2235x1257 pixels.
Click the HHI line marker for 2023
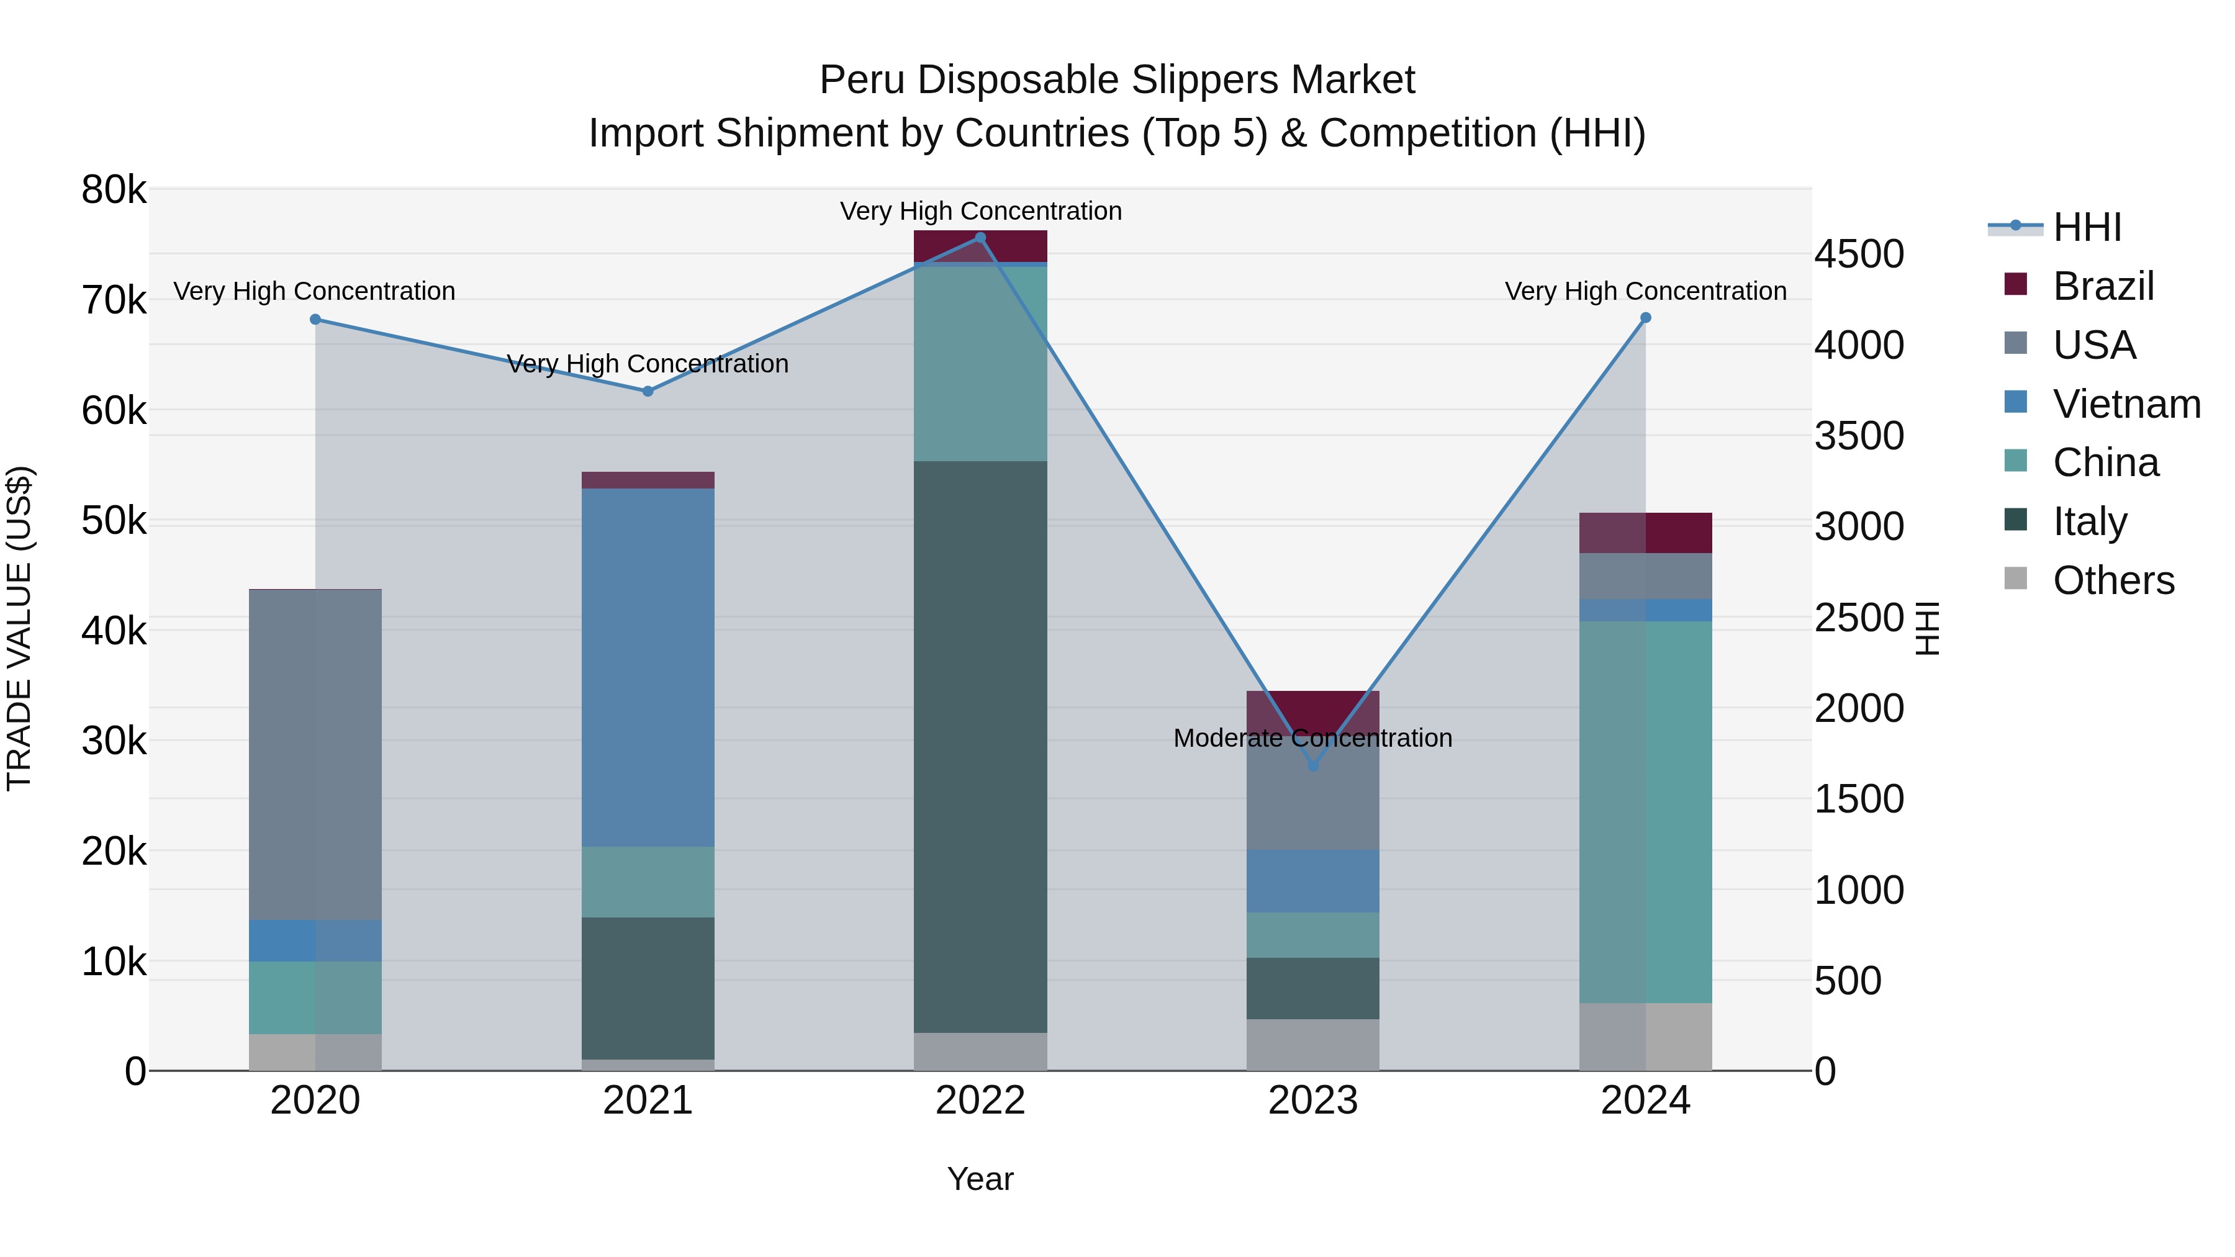point(1312,766)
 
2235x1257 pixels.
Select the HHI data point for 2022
point(980,238)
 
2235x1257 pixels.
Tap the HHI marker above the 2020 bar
point(315,319)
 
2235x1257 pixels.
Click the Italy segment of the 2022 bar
point(980,746)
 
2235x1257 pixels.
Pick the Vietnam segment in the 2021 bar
point(648,667)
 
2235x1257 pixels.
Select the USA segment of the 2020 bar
point(315,755)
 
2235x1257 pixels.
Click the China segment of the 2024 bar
point(1645,811)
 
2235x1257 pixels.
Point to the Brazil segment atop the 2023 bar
point(1312,707)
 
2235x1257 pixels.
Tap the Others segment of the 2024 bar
point(1645,1037)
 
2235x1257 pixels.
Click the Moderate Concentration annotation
point(1312,738)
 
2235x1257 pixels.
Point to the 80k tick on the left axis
point(114,190)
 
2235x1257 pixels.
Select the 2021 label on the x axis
point(648,1101)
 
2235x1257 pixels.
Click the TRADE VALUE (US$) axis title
point(20,628)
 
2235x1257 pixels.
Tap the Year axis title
point(980,1179)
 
